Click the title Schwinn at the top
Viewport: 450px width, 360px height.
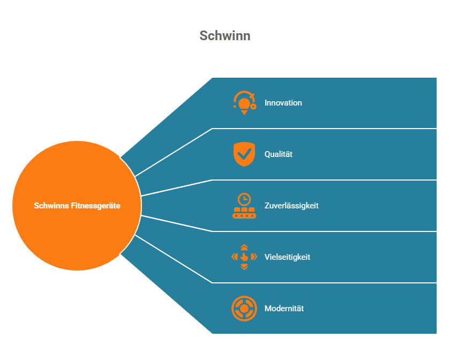(225, 36)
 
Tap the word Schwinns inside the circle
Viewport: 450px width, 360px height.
(51, 206)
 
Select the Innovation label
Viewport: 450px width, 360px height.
(283, 103)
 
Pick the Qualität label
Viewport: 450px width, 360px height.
(279, 154)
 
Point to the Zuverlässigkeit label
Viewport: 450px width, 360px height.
(291, 206)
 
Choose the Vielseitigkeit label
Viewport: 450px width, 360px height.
(287, 257)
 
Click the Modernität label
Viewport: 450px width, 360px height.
(284, 309)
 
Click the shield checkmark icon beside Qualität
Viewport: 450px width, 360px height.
(244, 154)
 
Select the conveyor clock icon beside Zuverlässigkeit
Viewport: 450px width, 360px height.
(244, 206)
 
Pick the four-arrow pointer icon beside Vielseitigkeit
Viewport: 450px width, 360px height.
(244, 257)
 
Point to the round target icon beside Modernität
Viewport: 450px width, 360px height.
(244, 309)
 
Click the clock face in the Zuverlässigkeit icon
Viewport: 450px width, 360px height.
(244, 199)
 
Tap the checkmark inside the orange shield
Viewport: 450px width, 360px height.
(245, 154)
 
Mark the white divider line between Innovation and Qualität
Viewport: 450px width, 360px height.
(321, 129)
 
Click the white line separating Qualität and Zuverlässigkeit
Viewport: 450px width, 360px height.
(321, 180)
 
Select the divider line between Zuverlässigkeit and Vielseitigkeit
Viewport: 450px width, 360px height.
(321, 231)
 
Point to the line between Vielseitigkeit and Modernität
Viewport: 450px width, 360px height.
(321, 283)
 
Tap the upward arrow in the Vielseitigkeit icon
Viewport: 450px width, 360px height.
(244, 247)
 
